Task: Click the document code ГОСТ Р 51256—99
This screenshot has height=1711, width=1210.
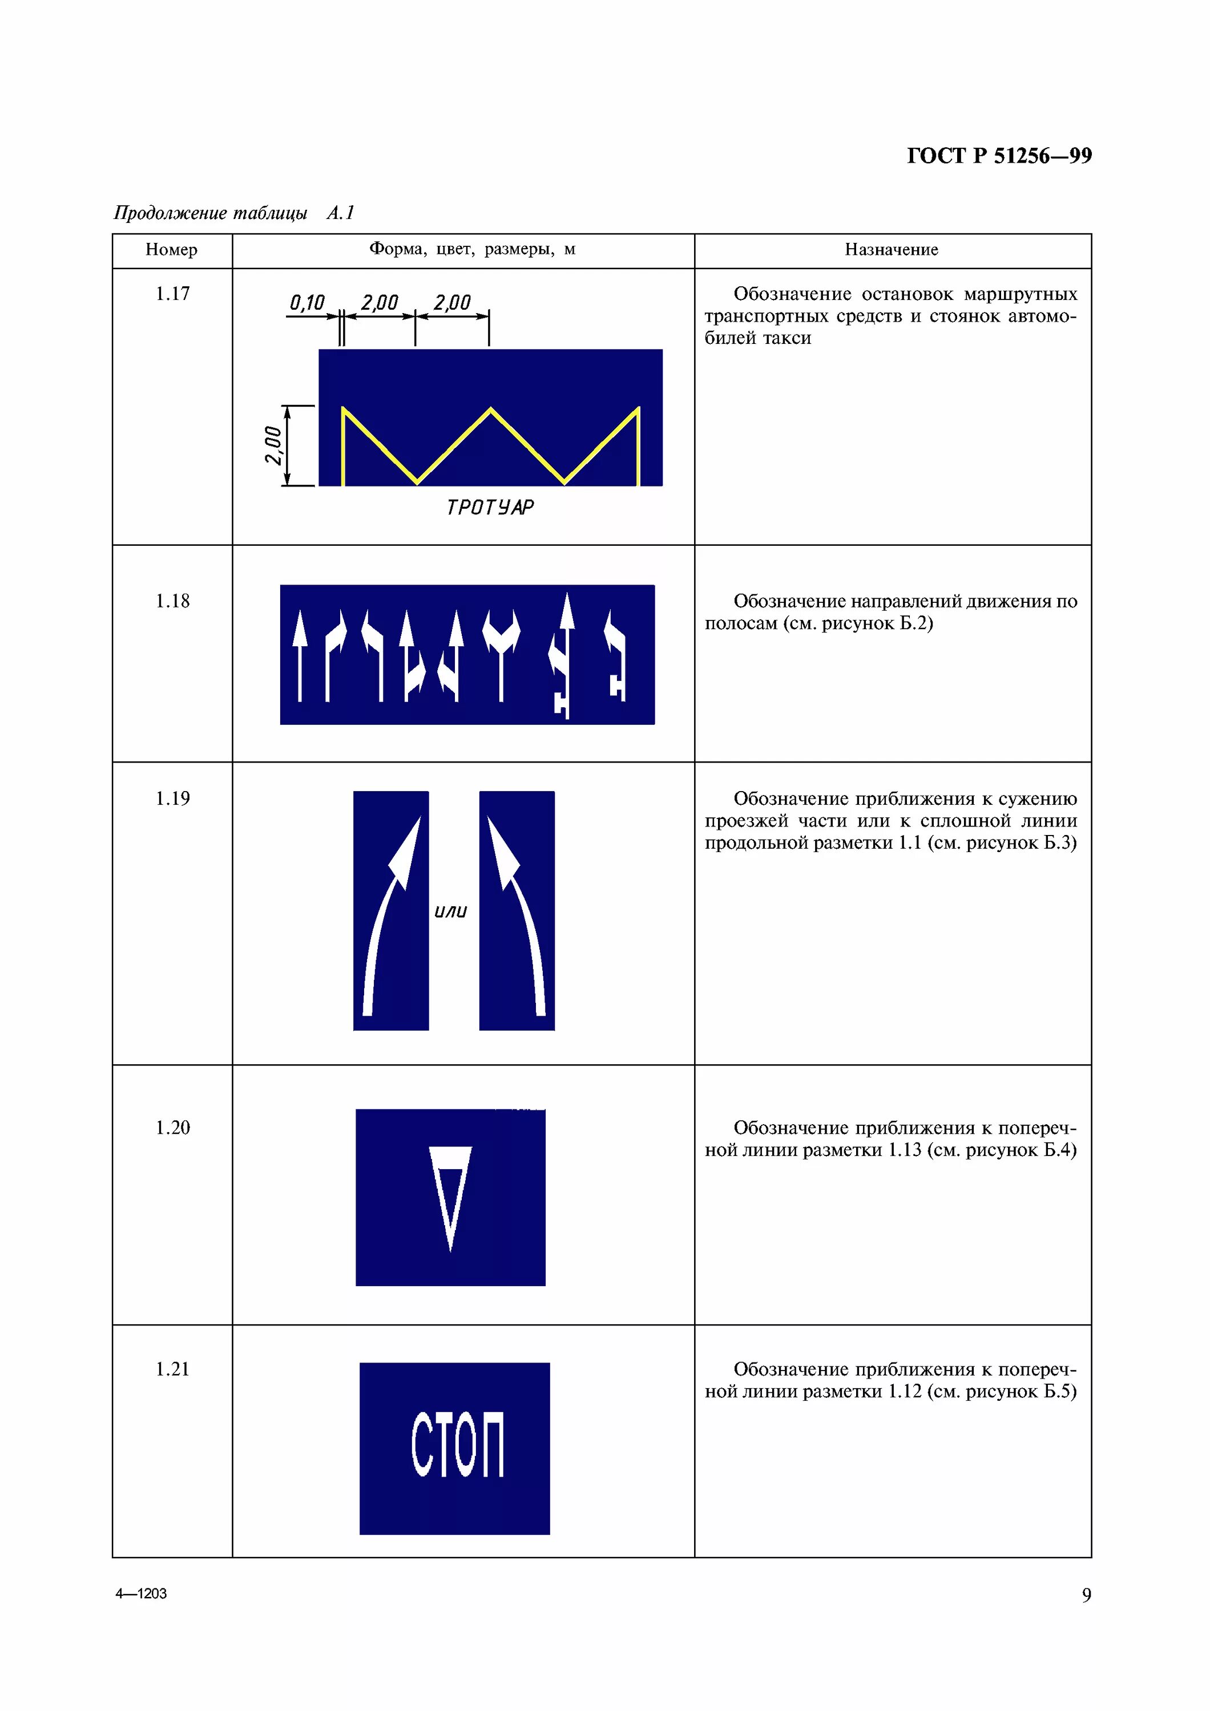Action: pos(998,156)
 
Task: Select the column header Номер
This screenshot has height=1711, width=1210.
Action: pos(171,250)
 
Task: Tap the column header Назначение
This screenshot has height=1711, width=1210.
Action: pos(891,250)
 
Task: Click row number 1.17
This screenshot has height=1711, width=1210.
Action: pos(172,294)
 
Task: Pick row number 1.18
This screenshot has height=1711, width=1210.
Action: pos(172,601)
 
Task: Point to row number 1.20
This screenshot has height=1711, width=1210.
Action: pos(172,1128)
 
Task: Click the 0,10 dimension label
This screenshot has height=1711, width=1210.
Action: pos(306,302)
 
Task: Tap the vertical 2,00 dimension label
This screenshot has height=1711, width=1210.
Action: pos(273,445)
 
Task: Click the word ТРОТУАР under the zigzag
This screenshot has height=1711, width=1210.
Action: pos(490,508)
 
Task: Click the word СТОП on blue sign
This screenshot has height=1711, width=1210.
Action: pos(457,1444)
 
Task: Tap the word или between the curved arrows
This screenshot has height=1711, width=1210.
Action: pos(451,911)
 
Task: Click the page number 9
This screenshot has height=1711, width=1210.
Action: pos(1086,1595)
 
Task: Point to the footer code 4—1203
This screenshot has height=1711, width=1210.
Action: pos(141,1594)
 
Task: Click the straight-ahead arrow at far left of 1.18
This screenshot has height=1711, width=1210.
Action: pos(300,655)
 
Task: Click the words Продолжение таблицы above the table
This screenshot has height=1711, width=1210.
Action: pos(210,213)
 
